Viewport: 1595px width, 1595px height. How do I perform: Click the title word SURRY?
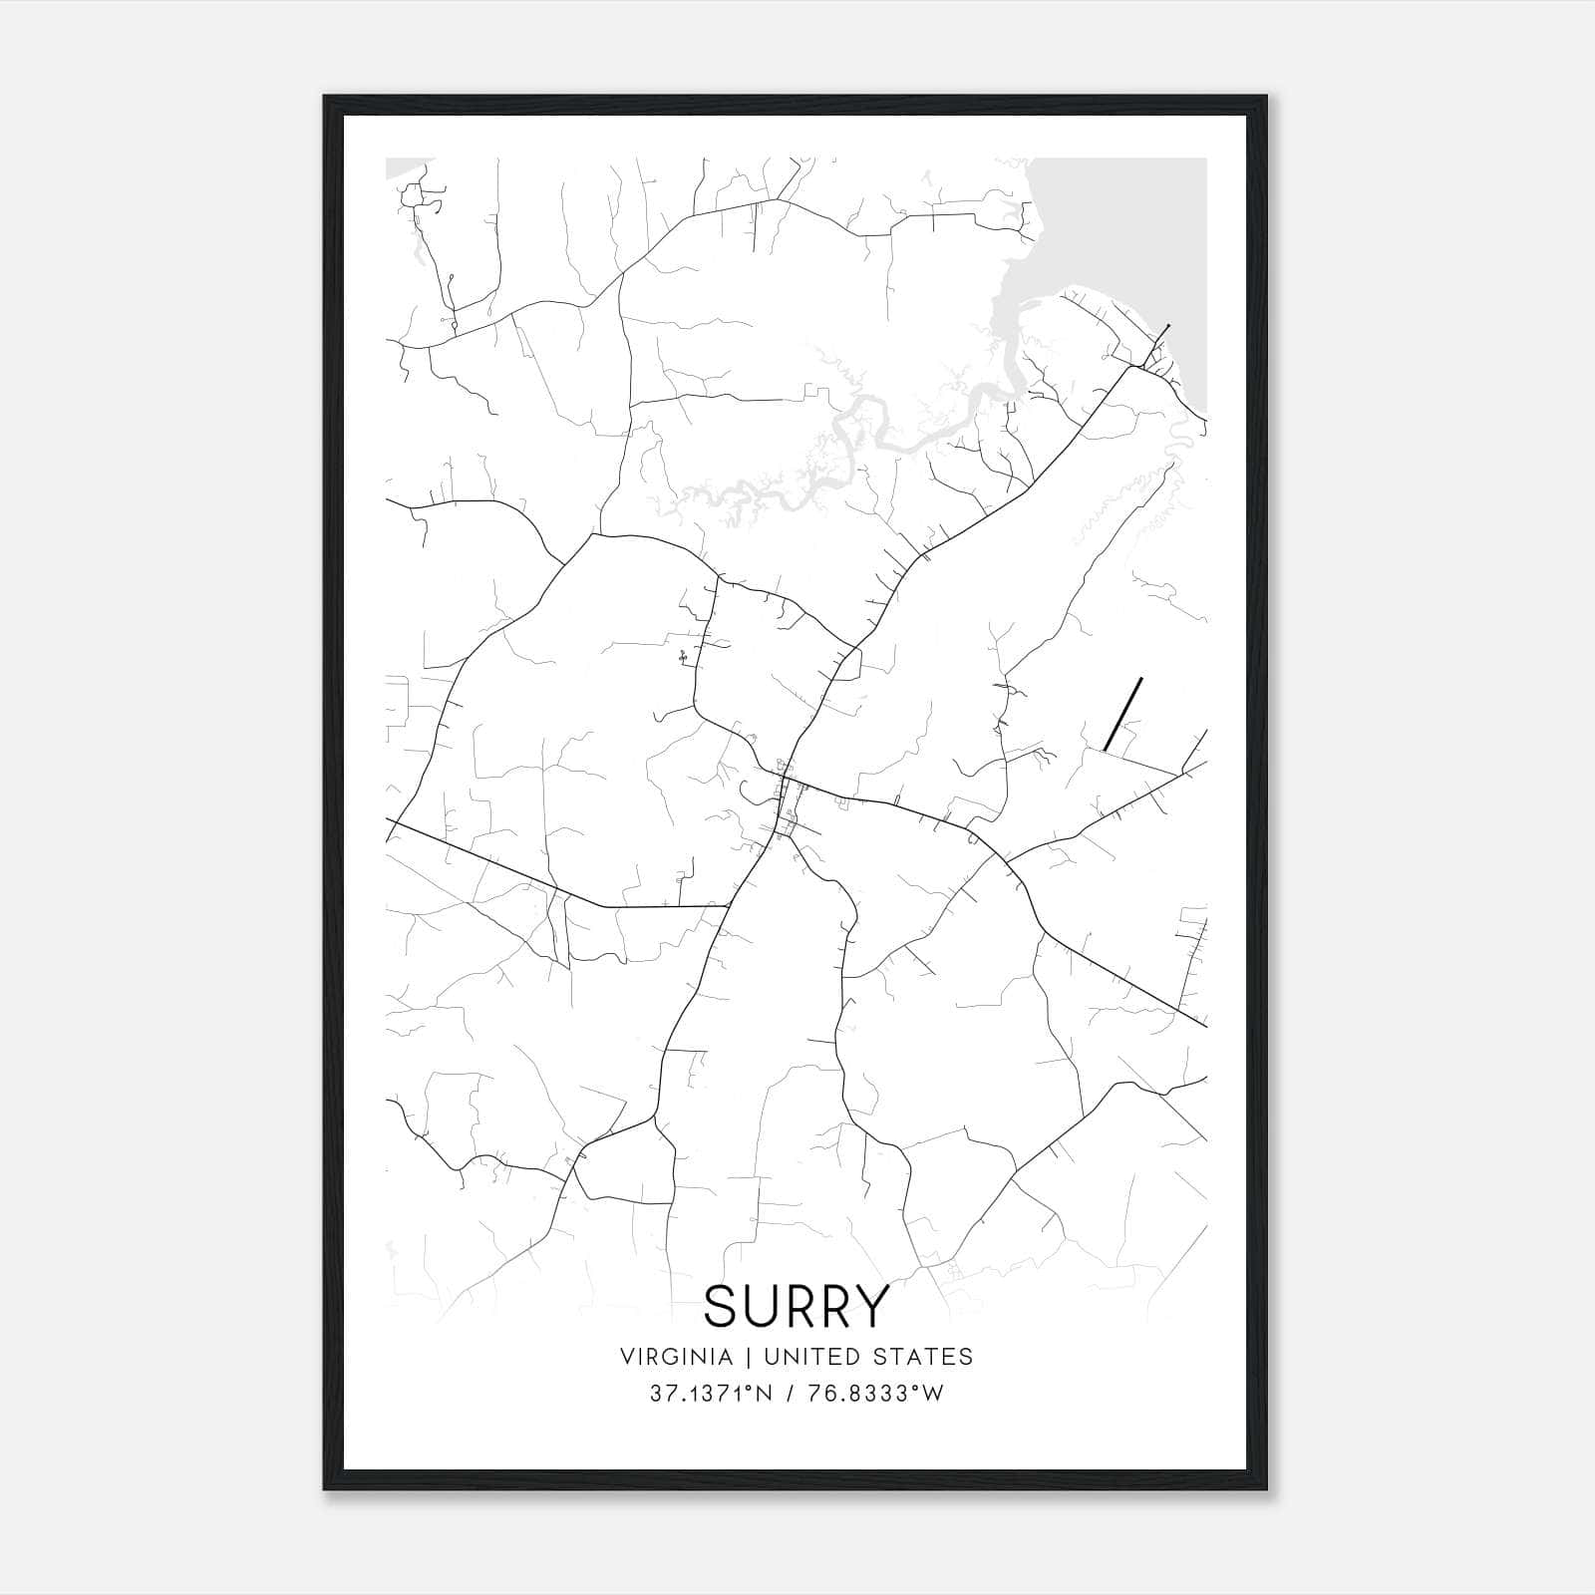click(796, 1306)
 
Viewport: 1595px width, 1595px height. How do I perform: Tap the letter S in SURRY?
click(722, 1306)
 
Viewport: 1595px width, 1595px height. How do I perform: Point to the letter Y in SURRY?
click(869, 1306)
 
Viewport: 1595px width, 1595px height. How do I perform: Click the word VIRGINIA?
click(675, 1357)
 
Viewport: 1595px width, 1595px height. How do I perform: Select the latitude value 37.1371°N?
click(711, 1394)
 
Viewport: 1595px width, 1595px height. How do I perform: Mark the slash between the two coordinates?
click(789, 1394)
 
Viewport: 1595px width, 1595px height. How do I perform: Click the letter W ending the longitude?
click(933, 1394)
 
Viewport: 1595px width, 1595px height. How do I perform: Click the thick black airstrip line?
click(1122, 714)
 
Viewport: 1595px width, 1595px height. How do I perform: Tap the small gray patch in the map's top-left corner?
click(404, 167)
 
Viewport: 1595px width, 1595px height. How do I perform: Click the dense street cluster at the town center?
click(786, 802)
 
